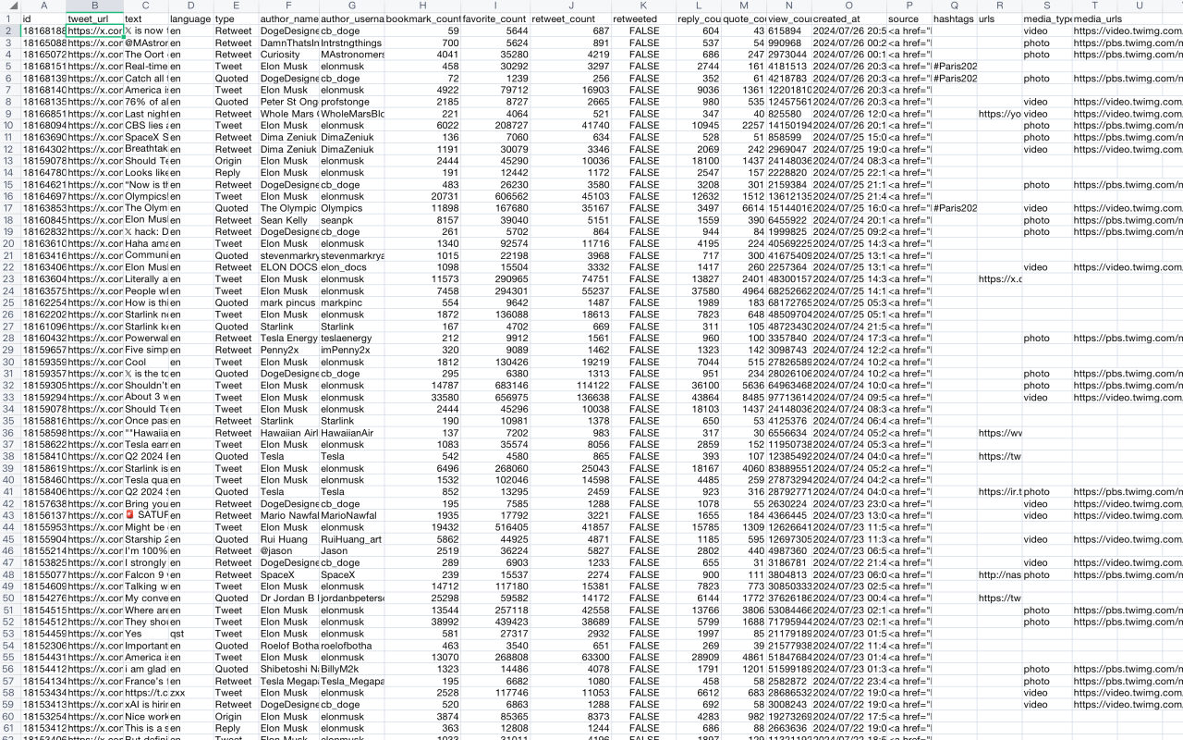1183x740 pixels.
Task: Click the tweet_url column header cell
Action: (93, 18)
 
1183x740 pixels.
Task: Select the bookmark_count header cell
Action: (422, 18)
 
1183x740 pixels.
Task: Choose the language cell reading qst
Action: (177, 634)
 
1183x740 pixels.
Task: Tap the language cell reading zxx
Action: (177, 693)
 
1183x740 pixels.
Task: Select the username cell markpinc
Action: (342, 302)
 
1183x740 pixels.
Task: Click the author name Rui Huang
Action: (286, 539)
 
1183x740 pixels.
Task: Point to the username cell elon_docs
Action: (343, 267)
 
